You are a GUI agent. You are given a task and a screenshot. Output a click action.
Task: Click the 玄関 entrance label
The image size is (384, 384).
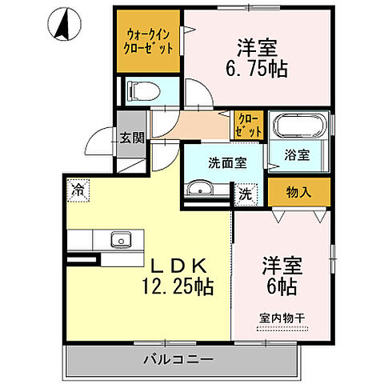pyautogui.click(x=132, y=138)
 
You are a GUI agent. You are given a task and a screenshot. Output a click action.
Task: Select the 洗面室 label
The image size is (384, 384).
pyautogui.click(x=226, y=162)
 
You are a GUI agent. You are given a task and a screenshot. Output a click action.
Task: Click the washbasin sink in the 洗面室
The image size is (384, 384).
pyautogui.click(x=200, y=189)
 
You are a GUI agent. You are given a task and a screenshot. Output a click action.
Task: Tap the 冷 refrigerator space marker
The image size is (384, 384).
pyautogui.click(x=78, y=190)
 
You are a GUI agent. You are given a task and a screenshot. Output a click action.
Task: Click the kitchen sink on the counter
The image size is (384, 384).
pyautogui.click(x=122, y=238)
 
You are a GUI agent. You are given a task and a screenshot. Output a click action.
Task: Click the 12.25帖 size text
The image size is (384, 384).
pyautogui.click(x=178, y=283)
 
